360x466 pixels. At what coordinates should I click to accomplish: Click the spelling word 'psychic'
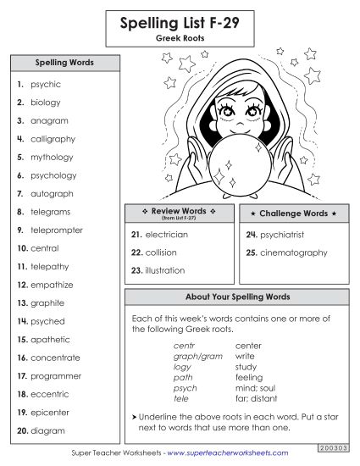(46, 85)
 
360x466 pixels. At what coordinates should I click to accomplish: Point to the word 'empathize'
(52, 285)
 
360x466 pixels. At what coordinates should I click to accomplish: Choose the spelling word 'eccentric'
(50, 394)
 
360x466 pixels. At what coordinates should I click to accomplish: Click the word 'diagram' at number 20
(47, 430)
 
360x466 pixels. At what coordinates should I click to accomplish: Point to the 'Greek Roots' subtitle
(180, 39)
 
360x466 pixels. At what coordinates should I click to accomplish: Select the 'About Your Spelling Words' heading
(237, 297)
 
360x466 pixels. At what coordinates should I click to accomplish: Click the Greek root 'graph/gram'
(191, 357)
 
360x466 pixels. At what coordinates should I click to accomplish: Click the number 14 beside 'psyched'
(22, 322)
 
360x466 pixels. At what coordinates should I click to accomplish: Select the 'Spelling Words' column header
(64, 63)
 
